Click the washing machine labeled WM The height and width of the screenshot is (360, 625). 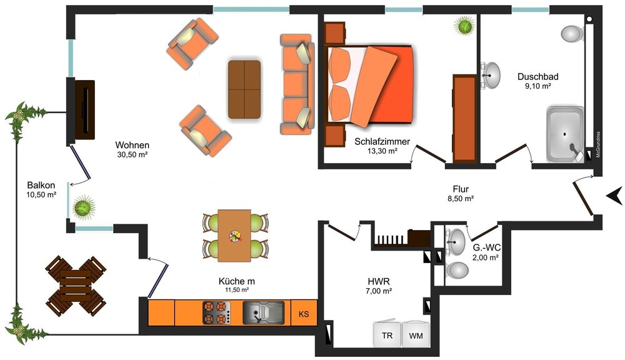416,336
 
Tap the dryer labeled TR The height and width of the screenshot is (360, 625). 387,336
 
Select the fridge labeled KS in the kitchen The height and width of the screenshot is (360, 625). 304,313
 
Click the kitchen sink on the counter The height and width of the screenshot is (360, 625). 262,312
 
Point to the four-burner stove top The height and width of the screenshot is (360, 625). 216,312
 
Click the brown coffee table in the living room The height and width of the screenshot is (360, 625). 244,89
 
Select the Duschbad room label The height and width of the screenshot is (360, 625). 537,77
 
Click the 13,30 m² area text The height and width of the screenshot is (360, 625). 382,151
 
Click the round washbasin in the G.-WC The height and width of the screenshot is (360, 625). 457,239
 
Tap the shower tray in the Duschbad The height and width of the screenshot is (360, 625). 566,134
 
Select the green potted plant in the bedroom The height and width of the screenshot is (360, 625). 464,26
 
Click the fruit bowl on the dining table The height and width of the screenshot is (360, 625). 235,236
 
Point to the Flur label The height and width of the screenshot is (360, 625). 461,189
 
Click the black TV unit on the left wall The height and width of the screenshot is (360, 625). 85,109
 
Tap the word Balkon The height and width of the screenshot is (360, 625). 41,186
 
